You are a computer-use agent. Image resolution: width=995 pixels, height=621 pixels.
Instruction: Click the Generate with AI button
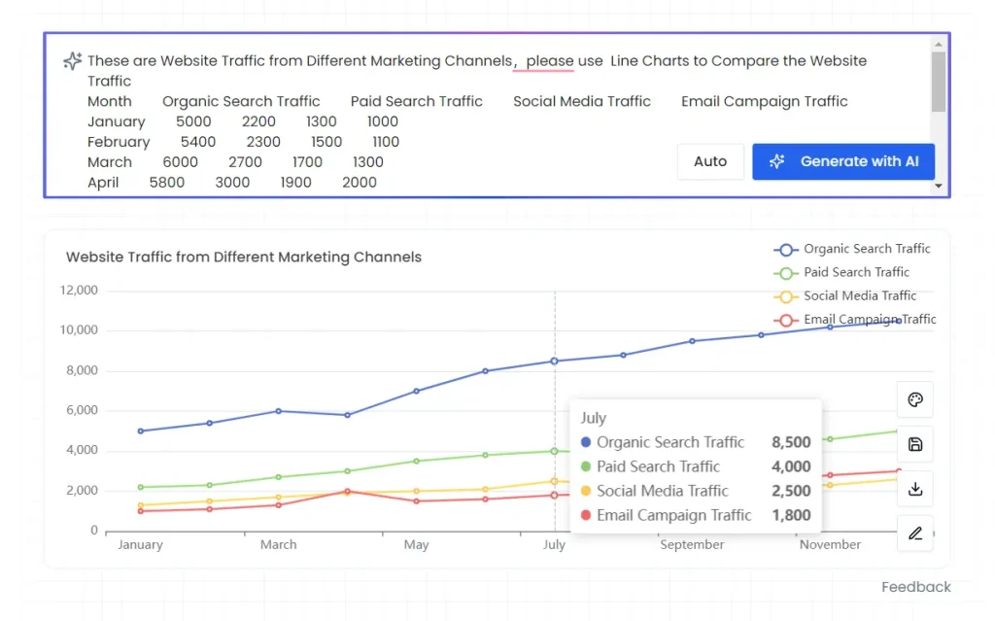tap(842, 162)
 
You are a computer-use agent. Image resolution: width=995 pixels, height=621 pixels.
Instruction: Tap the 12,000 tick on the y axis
tap(79, 290)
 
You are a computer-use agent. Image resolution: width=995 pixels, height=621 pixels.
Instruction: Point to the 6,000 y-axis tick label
tap(82, 410)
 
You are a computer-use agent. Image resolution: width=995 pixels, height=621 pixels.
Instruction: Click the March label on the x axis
tap(278, 544)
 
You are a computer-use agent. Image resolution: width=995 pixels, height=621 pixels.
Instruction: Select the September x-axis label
tap(692, 544)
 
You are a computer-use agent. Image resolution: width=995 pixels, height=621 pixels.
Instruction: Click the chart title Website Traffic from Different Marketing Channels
tap(244, 258)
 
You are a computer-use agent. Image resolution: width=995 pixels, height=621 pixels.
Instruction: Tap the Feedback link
tap(915, 587)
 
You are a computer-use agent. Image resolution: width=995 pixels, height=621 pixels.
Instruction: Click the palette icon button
tap(914, 400)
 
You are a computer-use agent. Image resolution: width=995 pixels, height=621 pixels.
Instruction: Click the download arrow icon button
tap(914, 489)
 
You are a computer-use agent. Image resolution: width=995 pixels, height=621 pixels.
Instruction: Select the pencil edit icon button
tap(914, 534)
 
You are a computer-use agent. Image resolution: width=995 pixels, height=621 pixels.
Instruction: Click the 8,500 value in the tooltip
tap(791, 442)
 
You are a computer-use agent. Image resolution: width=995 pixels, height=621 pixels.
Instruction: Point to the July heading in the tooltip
tap(594, 418)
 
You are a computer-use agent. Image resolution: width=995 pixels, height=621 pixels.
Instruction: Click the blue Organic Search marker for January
tap(140, 431)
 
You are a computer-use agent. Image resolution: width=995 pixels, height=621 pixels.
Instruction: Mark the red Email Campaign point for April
tap(347, 492)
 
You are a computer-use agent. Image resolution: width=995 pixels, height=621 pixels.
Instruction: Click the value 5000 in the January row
tap(193, 121)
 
